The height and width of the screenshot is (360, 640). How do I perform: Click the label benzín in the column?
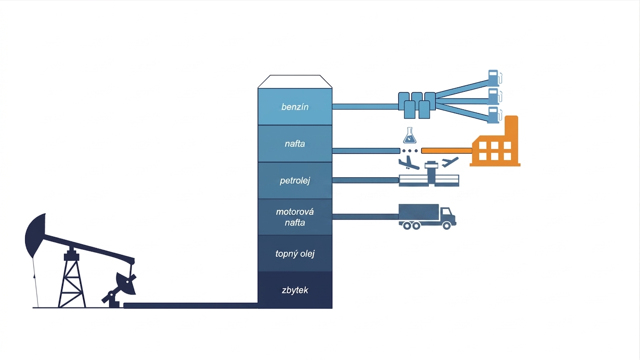tap(295, 107)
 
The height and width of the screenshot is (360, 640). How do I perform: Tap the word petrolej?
tap(295, 181)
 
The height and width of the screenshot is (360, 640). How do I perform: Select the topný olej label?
tap(295, 254)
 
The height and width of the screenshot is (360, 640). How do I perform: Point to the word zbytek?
tap(295, 291)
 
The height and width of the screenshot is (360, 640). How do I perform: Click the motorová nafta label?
tap(295, 217)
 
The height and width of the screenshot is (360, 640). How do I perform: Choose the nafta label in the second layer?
tap(295, 144)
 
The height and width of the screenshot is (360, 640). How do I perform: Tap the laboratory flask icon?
tap(409, 135)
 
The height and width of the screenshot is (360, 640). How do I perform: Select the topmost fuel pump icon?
tap(495, 78)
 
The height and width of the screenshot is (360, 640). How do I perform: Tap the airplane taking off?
tap(450, 162)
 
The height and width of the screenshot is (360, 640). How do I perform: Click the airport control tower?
tap(432, 173)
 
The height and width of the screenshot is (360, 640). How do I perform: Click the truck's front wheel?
tap(447, 225)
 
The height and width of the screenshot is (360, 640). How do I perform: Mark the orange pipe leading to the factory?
tap(447, 150)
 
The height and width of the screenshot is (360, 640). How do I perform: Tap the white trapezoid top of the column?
tap(295, 82)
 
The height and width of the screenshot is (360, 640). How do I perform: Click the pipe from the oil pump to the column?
tap(191, 306)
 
